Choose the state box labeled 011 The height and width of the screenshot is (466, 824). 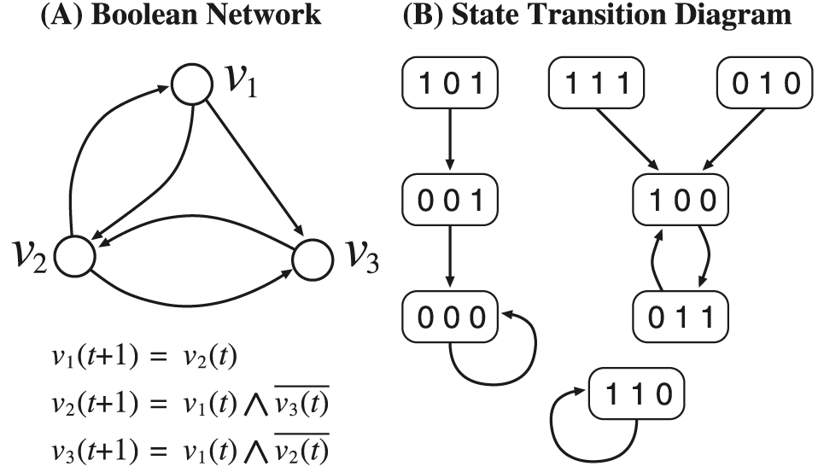tap(681, 317)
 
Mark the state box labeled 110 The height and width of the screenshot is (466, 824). tap(637, 395)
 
